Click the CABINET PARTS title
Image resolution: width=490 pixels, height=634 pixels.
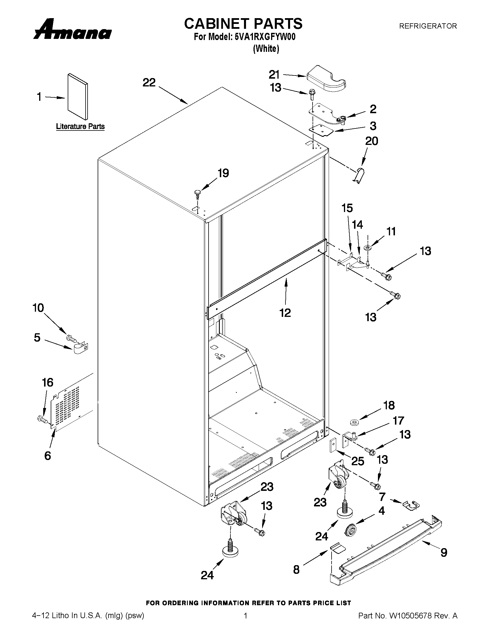[243, 24]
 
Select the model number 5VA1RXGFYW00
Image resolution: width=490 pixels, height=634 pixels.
[265, 37]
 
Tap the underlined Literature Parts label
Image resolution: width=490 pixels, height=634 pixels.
[80, 126]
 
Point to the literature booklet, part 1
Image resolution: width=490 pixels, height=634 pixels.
[77, 96]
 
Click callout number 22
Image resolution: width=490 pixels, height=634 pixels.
[149, 83]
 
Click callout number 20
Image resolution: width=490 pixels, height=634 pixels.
[371, 141]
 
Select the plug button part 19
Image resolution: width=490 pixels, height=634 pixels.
[197, 193]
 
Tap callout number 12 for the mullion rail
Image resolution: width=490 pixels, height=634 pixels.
[285, 313]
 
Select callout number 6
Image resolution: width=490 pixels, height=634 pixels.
[48, 455]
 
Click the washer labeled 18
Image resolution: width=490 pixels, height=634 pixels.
[354, 421]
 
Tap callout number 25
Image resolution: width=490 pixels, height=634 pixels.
[357, 461]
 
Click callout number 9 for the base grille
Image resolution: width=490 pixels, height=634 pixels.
[444, 552]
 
